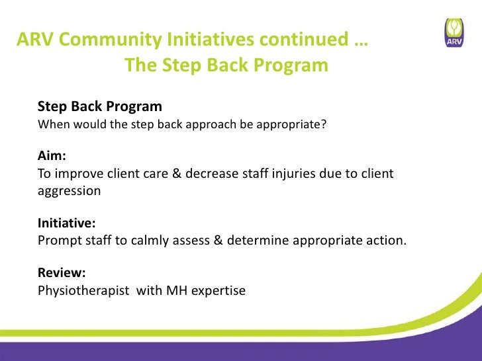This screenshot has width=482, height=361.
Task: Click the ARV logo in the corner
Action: [x=454, y=32]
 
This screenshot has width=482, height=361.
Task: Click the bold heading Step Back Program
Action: [x=100, y=107]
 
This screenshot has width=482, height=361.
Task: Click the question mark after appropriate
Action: [x=324, y=124]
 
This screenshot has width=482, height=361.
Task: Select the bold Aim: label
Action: [x=52, y=155]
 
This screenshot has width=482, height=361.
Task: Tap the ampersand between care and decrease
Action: [x=177, y=173]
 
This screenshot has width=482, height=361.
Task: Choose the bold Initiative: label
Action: [x=66, y=223]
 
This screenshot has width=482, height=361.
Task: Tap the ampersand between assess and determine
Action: [x=218, y=240]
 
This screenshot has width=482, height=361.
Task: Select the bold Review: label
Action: [x=62, y=272]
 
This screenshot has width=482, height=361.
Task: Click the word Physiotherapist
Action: [x=83, y=291]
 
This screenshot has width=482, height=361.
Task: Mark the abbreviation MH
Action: [x=177, y=290]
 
